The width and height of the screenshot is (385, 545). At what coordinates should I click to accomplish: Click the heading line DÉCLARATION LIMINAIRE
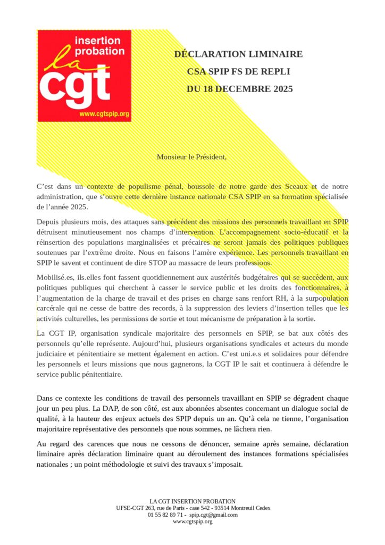point(238,54)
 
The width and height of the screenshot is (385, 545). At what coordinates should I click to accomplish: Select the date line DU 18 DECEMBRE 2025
point(240,89)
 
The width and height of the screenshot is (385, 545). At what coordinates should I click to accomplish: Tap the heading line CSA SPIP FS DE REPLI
point(238,72)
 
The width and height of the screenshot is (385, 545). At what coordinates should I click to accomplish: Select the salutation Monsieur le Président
point(191,157)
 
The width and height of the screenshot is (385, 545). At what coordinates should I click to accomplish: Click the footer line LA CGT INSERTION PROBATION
point(192,501)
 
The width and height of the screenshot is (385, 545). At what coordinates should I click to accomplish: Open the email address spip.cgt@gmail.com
point(213,515)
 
